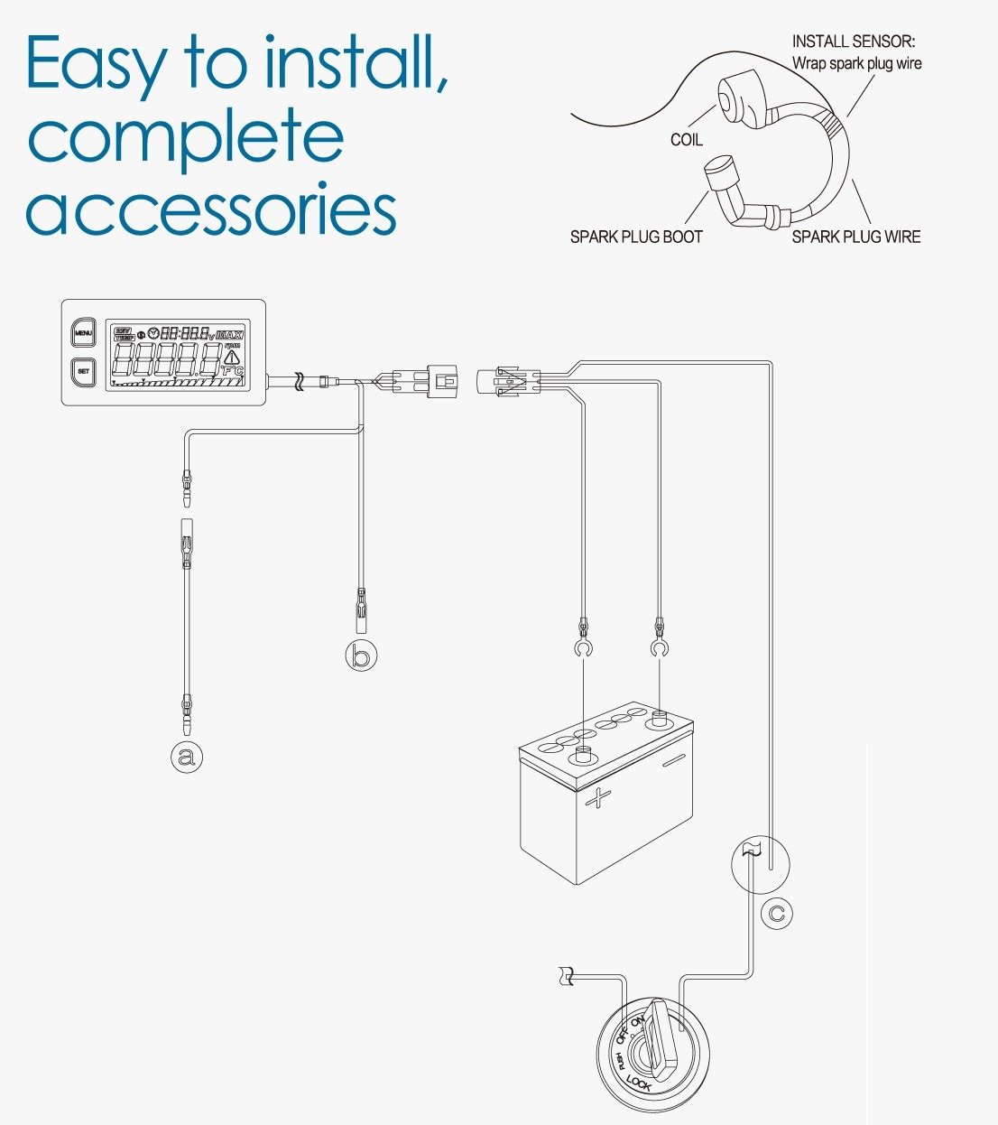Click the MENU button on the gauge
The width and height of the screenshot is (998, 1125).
coord(83,333)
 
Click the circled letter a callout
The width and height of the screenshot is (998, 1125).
coord(187,756)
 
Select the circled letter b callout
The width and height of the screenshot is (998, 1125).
coord(361,655)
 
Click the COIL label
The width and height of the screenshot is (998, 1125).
coord(686,140)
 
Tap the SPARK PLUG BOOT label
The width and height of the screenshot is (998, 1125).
coord(635,237)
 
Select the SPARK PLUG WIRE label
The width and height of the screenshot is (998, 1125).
coord(855,237)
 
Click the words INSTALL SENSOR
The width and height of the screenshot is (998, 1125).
coord(853,42)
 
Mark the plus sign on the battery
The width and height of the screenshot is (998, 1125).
coord(598,798)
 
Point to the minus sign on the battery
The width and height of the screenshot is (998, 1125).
coord(673,764)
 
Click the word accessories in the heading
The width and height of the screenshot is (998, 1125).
coord(211,209)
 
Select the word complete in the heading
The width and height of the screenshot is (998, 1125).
coord(186,137)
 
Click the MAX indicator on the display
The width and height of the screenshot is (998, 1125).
coord(230,334)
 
